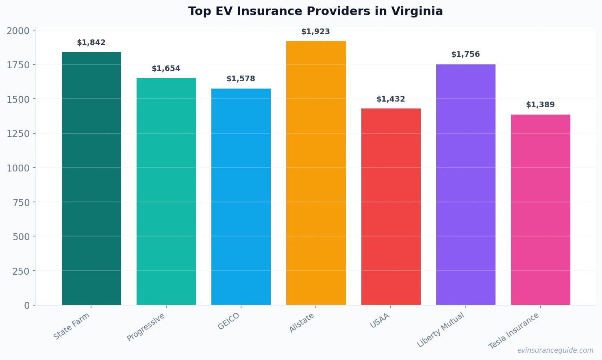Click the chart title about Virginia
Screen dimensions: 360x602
(315, 11)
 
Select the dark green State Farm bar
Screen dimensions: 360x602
(91, 179)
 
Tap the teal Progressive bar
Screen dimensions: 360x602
(166, 191)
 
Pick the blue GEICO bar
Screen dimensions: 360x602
(241, 197)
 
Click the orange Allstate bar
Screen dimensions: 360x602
(316, 173)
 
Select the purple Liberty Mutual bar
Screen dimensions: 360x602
(465, 184)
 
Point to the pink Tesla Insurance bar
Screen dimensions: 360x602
(540, 210)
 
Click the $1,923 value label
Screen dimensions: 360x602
(315, 32)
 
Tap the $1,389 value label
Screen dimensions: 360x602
(540, 105)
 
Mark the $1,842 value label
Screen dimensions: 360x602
(91, 43)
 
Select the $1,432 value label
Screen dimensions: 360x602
(391, 99)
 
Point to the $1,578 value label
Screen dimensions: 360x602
(241, 79)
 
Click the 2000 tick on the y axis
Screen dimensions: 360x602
(18, 31)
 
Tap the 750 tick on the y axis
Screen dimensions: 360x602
(21, 202)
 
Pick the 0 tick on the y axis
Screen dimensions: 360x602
(27, 306)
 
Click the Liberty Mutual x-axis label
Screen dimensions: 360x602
(441, 330)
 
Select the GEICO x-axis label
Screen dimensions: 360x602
(229, 321)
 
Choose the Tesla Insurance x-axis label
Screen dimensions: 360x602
(514, 331)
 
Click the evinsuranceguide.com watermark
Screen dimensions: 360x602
(555, 350)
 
